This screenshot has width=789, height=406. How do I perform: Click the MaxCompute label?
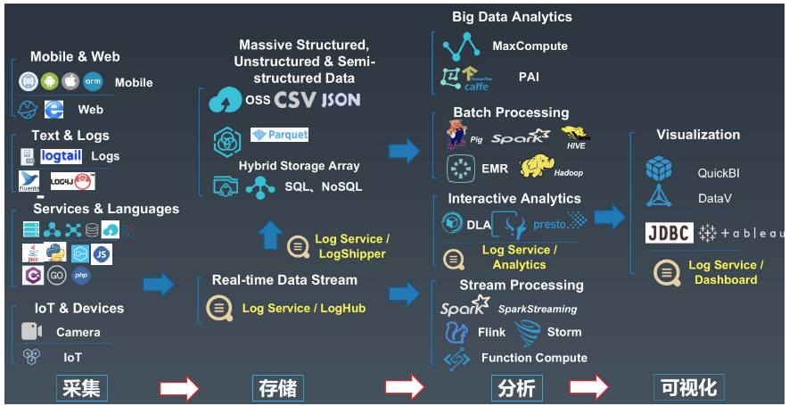530,46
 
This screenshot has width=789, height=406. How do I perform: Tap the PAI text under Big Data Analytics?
529,78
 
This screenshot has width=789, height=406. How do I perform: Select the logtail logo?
62,156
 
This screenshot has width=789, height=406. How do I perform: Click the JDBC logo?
669,233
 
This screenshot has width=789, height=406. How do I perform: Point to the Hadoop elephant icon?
541,166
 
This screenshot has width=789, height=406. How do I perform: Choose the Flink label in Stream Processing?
491,332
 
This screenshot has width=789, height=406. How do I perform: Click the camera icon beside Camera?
32,331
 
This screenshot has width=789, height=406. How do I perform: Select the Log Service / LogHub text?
304,309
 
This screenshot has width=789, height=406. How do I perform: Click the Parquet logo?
280,135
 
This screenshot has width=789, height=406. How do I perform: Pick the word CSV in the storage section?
295,100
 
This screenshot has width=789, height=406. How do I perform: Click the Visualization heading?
698,135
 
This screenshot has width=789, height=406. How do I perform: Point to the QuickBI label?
719,173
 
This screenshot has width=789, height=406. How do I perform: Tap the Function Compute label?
534,358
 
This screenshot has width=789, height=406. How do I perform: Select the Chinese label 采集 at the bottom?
81,388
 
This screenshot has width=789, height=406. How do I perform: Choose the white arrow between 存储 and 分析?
404,388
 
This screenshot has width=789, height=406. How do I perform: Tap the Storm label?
564,332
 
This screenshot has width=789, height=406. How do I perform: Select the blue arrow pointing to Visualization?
610,217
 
